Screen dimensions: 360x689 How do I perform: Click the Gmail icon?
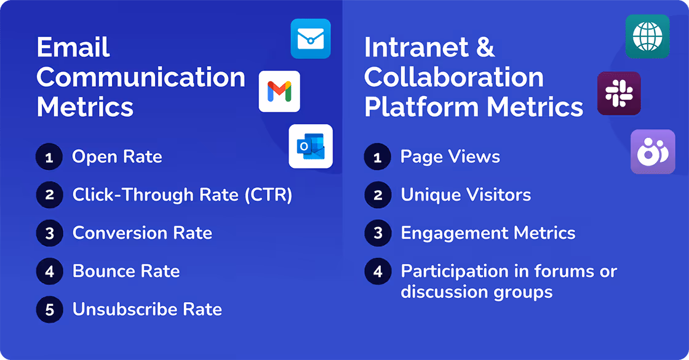(x=279, y=91)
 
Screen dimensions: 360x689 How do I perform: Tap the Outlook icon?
(x=311, y=146)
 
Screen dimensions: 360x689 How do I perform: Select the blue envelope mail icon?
(x=311, y=39)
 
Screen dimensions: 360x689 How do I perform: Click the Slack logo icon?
(x=619, y=94)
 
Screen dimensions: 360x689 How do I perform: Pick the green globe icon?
(x=647, y=36)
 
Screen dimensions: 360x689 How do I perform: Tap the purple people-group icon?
(x=653, y=151)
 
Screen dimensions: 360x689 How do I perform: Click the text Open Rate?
(x=117, y=157)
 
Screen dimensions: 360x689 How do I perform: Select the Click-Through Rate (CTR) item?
(x=182, y=195)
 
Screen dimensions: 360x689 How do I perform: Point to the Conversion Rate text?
(x=142, y=233)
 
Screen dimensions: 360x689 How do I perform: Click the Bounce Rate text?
(x=126, y=271)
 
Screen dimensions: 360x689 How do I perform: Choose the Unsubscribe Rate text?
(x=147, y=310)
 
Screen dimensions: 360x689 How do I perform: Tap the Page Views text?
(x=450, y=157)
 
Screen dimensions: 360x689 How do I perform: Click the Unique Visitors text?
(x=466, y=195)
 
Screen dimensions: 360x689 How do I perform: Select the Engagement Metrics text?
(x=488, y=233)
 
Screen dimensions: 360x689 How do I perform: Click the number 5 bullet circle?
(x=50, y=310)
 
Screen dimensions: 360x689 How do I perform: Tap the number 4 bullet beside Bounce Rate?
(x=50, y=271)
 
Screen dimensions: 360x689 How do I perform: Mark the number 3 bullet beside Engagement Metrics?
(x=378, y=233)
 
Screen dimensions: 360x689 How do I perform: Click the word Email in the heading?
(x=73, y=47)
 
